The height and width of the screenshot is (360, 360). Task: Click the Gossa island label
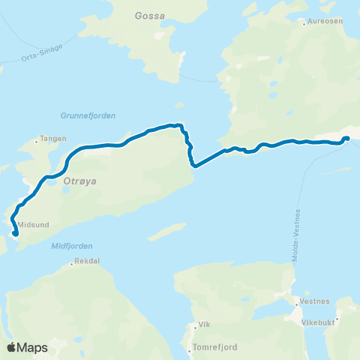tap(150, 15)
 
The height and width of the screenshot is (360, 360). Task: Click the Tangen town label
tap(54, 138)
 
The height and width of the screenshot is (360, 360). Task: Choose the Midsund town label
tap(31, 223)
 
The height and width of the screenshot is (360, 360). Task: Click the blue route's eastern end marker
tap(346, 138)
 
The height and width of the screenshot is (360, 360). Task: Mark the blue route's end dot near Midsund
tap(16, 234)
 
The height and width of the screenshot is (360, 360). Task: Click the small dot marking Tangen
tap(37, 139)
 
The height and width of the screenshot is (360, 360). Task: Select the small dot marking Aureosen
tap(304, 23)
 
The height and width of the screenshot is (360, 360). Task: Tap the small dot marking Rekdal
tap(72, 263)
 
